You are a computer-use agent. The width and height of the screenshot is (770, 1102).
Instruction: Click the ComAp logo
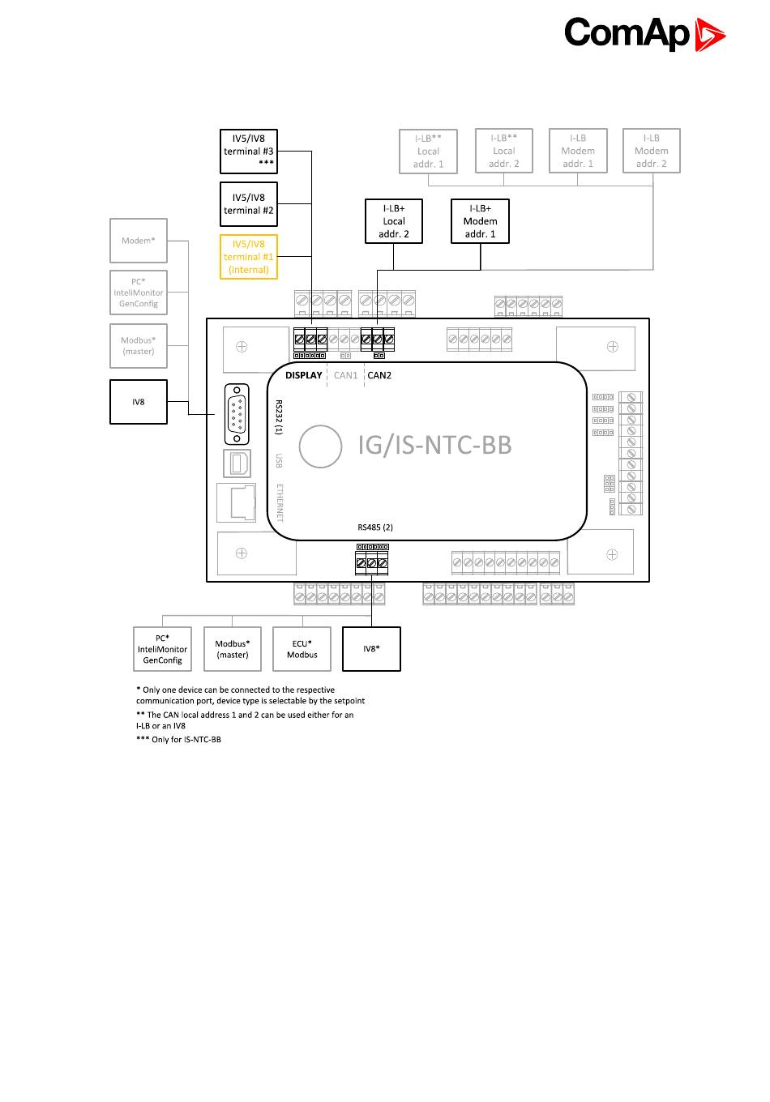pyautogui.click(x=644, y=34)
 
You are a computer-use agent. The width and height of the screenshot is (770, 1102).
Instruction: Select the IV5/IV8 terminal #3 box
pyautogui.click(x=249, y=151)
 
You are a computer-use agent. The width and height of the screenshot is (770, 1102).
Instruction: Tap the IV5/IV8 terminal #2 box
pyautogui.click(x=249, y=203)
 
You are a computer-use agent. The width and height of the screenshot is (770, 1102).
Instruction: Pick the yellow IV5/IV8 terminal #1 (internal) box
pyautogui.click(x=249, y=257)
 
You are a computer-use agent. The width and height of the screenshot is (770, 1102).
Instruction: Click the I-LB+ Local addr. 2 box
pyautogui.click(x=394, y=221)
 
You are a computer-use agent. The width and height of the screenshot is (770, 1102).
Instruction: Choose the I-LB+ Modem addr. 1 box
pyautogui.click(x=480, y=221)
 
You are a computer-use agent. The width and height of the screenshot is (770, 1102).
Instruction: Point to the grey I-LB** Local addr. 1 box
pyautogui.click(x=429, y=151)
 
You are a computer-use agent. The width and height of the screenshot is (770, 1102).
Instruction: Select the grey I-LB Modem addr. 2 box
pyautogui.click(x=651, y=151)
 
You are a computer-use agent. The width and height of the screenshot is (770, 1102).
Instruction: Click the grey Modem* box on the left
pyautogui.click(x=139, y=240)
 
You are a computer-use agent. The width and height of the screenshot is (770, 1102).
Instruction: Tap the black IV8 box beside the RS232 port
pyautogui.click(x=139, y=402)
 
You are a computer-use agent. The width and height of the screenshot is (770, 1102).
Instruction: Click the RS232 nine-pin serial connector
pyautogui.click(x=237, y=415)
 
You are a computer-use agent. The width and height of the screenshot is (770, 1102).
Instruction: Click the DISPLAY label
pyautogui.click(x=304, y=375)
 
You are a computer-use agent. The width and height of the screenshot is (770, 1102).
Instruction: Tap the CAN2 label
pyautogui.click(x=379, y=375)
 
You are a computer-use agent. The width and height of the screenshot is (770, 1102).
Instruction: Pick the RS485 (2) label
pyautogui.click(x=375, y=528)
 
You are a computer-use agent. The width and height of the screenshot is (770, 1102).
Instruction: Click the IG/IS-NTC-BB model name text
pyautogui.click(x=434, y=445)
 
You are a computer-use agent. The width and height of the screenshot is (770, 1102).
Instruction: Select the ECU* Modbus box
pyautogui.click(x=302, y=649)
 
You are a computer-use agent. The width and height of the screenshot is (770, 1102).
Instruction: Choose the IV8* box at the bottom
pyautogui.click(x=371, y=649)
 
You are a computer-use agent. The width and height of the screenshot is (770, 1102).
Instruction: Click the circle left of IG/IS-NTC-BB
pyautogui.click(x=321, y=446)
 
